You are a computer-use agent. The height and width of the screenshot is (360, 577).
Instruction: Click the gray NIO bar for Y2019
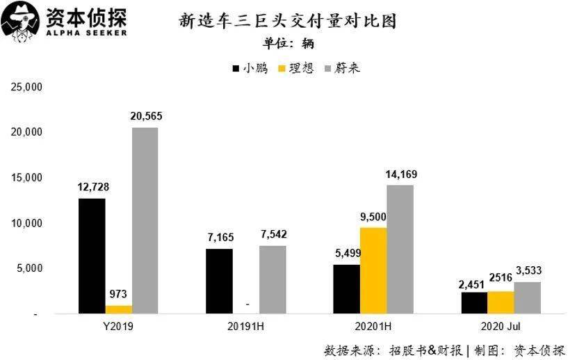145,220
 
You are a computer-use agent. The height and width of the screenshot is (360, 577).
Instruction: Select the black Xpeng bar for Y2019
92,256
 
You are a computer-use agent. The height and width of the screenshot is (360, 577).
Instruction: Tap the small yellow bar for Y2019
118,309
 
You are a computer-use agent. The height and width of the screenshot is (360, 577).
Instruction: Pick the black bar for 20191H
219,281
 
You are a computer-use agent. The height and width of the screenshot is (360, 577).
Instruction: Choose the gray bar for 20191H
272,279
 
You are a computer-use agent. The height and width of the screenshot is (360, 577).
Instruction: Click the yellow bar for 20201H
373,270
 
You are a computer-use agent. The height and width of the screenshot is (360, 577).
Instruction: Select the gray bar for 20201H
400,249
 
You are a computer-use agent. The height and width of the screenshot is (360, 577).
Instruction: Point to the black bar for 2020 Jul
473,302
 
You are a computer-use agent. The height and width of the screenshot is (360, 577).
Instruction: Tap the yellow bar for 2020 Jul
501,302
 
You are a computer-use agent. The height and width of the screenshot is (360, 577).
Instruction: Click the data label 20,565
145,116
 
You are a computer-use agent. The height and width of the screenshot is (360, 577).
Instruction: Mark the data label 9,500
373,216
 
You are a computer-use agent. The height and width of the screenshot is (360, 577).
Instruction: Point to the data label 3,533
528,270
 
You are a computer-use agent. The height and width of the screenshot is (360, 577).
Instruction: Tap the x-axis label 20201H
373,327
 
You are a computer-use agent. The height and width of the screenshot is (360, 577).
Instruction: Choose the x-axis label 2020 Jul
501,327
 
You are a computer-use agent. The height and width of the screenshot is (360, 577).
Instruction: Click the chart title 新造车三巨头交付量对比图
288,21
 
